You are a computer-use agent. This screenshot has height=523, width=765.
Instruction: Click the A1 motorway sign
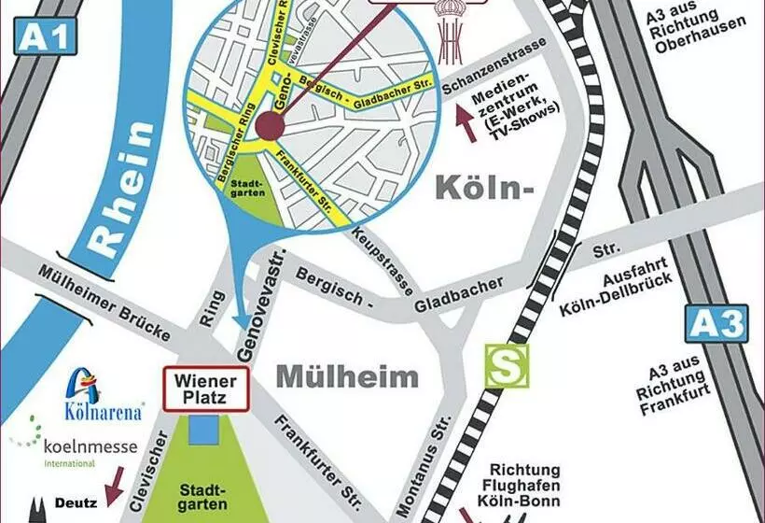click(x=43, y=37)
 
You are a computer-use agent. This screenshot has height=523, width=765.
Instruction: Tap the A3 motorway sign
click(x=718, y=323)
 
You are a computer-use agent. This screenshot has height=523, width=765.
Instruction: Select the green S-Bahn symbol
click(x=506, y=365)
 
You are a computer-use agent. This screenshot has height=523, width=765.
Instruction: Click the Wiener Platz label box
click(x=208, y=389)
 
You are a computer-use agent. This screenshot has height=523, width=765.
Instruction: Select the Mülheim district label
click(x=347, y=377)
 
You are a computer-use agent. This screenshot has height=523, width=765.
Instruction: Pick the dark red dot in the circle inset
click(x=269, y=124)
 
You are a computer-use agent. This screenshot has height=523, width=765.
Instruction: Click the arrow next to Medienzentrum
click(x=462, y=122)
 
